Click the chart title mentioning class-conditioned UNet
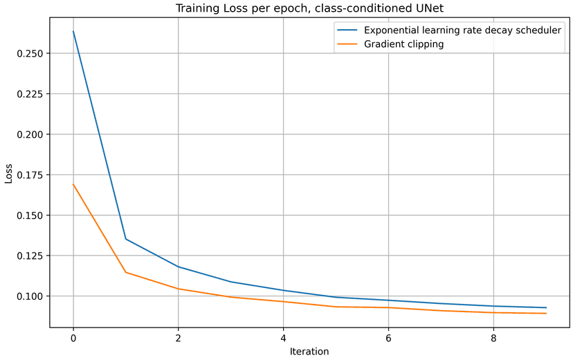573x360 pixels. [x=309, y=9]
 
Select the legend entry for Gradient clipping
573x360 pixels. [x=401, y=44]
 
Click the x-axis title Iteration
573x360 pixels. [x=309, y=351]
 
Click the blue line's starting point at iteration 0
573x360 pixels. [x=73, y=31]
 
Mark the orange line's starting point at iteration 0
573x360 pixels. [x=73, y=184]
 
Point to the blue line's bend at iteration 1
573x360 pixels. [x=126, y=239]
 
